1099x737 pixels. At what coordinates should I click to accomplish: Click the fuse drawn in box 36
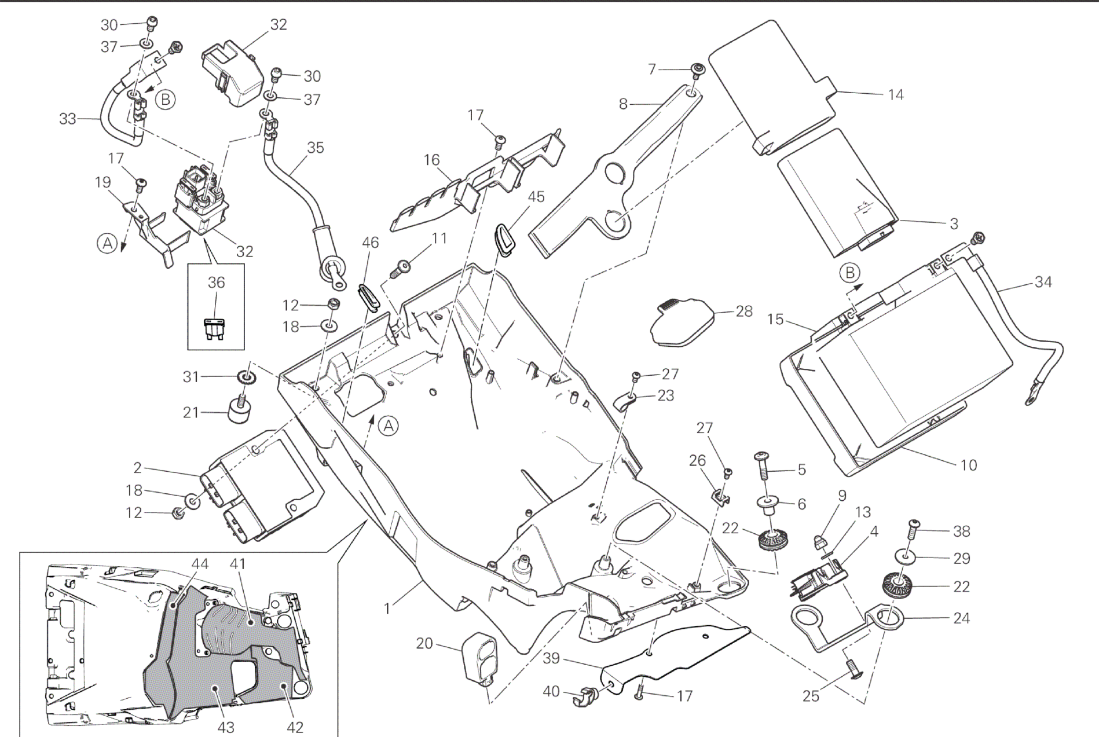click(x=215, y=328)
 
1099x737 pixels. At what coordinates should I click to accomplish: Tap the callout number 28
click(x=743, y=311)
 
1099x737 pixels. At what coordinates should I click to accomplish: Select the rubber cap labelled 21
click(x=241, y=409)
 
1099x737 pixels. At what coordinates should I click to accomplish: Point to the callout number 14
click(x=896, y=94)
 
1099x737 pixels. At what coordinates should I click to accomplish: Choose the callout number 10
click(x=968, y=465)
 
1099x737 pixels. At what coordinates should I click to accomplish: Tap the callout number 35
click(x=315, y=148)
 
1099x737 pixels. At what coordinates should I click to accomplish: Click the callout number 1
click(x=387, y=608)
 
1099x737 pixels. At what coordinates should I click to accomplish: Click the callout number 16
click(x=431, y=159)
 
